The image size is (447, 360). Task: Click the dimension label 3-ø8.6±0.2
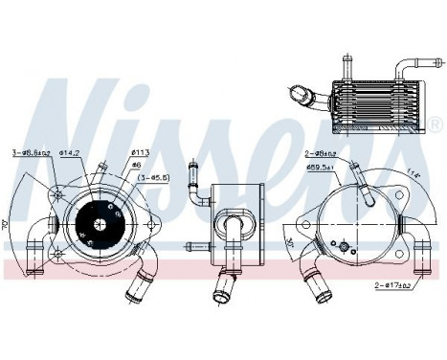32,152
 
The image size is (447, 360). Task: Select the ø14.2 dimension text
73,152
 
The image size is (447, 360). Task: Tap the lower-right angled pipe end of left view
143,285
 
